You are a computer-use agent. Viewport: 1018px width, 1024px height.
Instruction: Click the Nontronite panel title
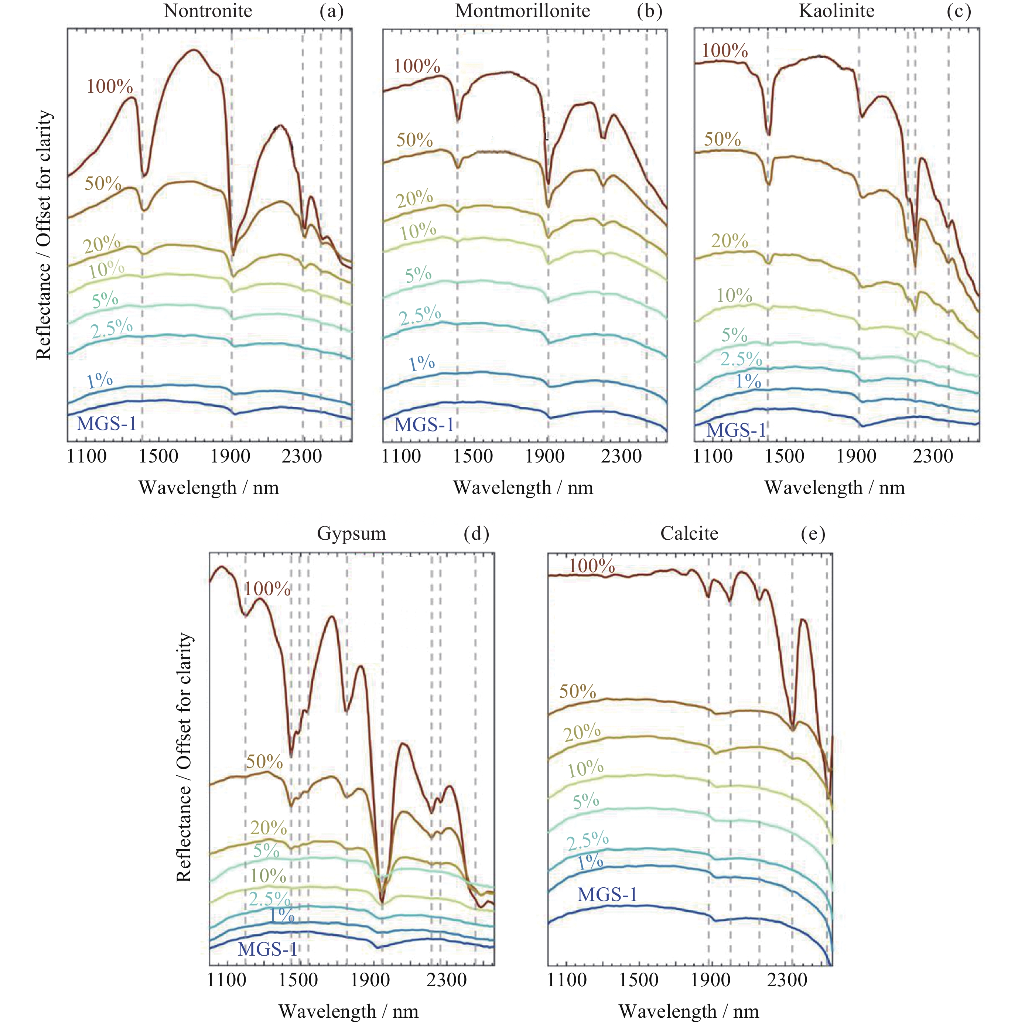[208, 11]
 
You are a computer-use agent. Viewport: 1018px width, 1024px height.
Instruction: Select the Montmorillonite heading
[523, 11]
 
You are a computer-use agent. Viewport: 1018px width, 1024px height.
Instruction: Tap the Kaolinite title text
[836, 11]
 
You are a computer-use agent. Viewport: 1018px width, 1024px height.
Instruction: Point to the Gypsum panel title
[351, 533]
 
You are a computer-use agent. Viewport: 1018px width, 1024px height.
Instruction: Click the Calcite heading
[689, 533]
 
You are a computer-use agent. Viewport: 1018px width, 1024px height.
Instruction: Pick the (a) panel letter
[331, 11]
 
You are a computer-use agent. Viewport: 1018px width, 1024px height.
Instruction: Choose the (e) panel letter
[813, 533]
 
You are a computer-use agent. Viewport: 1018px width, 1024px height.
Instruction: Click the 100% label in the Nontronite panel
[110, 86]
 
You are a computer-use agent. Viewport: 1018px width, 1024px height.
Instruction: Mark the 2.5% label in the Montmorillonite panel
[420, 316]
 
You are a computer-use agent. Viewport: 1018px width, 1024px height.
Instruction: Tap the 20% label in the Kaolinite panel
[729, 241]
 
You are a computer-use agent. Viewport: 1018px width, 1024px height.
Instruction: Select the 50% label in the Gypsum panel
[264, 762]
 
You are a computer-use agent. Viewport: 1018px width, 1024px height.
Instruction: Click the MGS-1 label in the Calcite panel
[607, 895]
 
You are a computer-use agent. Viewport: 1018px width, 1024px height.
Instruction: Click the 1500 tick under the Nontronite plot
[158, 456]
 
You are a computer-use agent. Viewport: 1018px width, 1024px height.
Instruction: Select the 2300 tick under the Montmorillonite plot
[621, 456]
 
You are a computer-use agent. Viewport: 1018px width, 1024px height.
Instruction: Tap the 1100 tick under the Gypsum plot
[226, 979]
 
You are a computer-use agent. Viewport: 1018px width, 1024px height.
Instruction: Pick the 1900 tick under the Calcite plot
[710, 979]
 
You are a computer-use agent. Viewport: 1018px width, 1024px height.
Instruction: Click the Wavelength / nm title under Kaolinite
[835, 488]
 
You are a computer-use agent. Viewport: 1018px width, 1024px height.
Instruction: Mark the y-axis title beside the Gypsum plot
[184, 758]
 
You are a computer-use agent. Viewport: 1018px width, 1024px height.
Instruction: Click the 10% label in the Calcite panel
[585, 768]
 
